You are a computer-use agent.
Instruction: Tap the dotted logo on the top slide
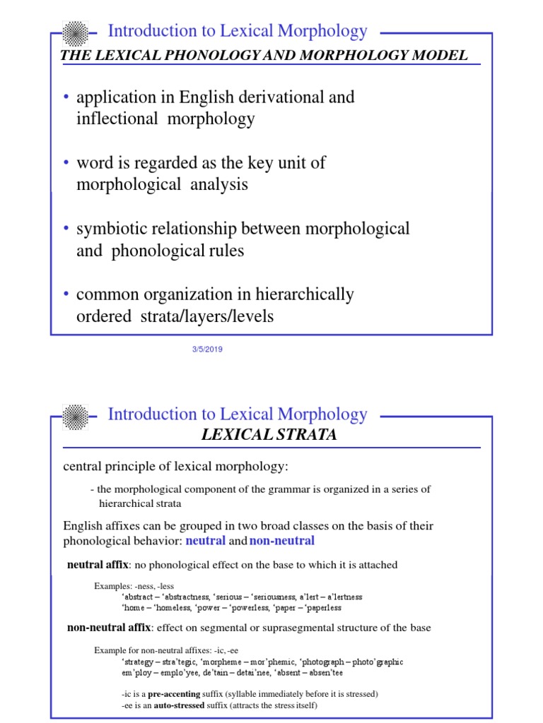click(75, 32)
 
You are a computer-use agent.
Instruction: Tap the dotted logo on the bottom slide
click(75, 415)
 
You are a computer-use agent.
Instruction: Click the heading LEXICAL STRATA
click(269, 435)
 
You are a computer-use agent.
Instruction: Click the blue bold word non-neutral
click(282, 541)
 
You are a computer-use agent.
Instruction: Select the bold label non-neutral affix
click(109, 628)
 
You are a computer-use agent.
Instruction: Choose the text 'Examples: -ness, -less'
click(134, 586)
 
